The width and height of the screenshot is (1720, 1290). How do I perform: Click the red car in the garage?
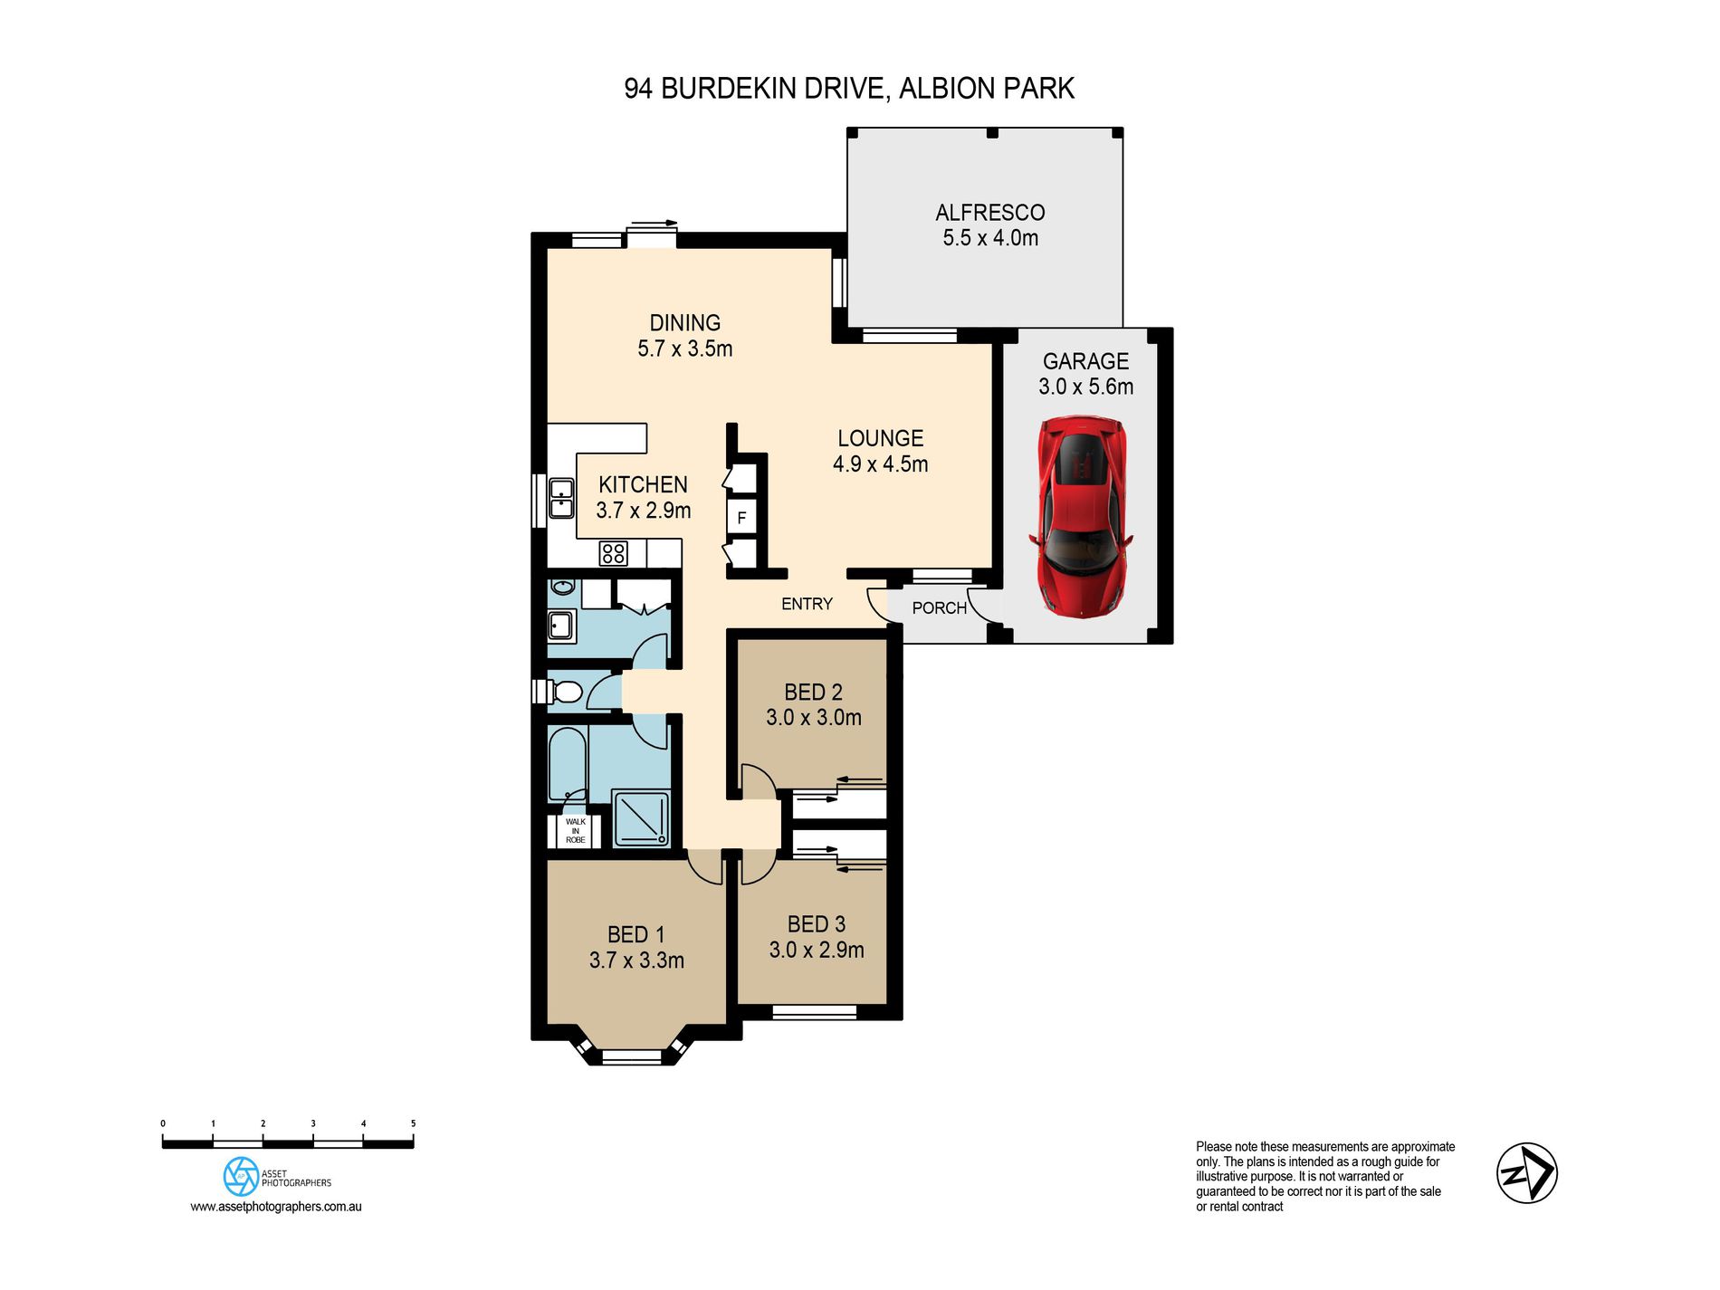[x=1081, y=517]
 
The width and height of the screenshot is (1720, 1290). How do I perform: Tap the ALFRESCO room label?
[x=990, y=213]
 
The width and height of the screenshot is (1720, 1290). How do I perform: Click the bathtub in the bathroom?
[x=568, y=765]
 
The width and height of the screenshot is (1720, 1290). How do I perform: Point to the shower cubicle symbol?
[x=641, y=819]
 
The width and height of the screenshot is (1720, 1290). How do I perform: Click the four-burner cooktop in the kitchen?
[x=613, y=552]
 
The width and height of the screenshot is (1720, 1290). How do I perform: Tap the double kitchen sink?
[x=561, y=499]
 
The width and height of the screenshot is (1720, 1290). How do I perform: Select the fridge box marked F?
[x=741, y=517]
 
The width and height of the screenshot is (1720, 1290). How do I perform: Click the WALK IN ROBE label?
[x=576, y=831]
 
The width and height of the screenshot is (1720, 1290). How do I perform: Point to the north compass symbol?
[x=1526, y=1172]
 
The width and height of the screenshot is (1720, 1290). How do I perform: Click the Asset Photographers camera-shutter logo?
[x=241, y=1176]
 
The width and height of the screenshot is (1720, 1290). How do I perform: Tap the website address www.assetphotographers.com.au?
[x=276, y=1207]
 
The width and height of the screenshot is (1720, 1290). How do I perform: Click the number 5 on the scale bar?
[x=413, y=1123]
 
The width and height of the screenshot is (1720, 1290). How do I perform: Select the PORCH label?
[x=940, y=608]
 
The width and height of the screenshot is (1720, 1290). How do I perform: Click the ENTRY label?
[x=807, y=604]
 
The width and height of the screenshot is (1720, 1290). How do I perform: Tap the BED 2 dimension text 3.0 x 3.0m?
[x=814, y=718]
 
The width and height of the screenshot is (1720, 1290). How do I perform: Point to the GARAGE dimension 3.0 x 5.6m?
[x=1086, y=387]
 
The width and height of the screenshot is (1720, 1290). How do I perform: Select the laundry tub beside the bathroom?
[x=560, y=625]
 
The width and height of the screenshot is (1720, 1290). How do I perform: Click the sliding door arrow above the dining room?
[x=654, y=223]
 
